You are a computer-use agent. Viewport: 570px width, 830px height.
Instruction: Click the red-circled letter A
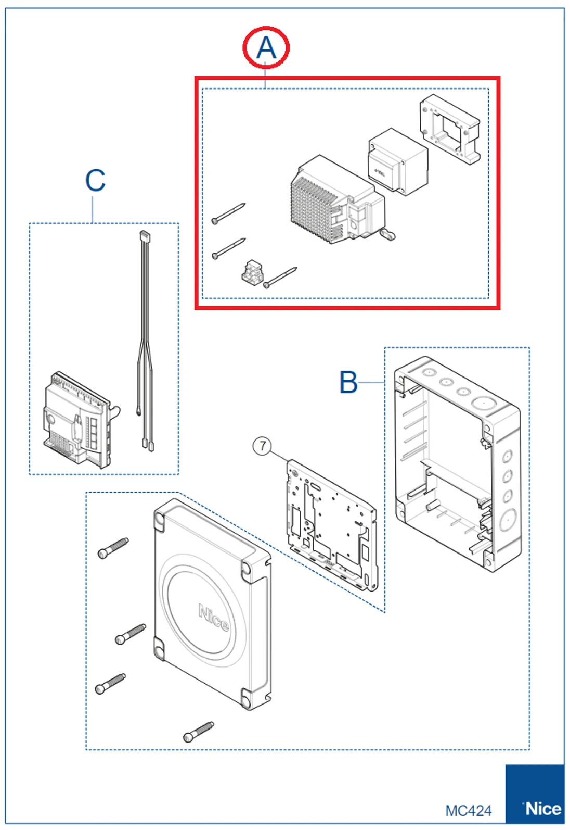coord(266,47)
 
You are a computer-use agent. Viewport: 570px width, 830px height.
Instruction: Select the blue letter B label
coord(348,382)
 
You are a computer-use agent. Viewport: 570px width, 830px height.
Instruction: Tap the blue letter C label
coord(95,181)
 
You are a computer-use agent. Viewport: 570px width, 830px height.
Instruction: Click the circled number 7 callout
coord(263,446)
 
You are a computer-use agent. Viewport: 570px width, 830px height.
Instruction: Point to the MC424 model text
coord(468,810)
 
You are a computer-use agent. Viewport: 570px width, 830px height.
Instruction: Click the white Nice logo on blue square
coord(542,809)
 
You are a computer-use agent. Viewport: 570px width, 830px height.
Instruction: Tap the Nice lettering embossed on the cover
coord(213,617)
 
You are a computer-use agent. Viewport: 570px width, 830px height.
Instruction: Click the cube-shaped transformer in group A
coord(398,161)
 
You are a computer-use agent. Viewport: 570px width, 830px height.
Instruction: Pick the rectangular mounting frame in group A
coord(450,129)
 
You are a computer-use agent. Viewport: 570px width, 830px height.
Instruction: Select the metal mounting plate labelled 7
coord(331,523)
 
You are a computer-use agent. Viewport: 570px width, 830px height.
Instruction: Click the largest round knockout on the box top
coord(482,403)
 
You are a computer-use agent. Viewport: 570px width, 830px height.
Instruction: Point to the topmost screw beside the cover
coord(113,548)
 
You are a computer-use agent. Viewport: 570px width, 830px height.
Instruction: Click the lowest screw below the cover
coord(198,732)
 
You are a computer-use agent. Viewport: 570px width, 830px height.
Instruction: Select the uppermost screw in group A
coord(228,213)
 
